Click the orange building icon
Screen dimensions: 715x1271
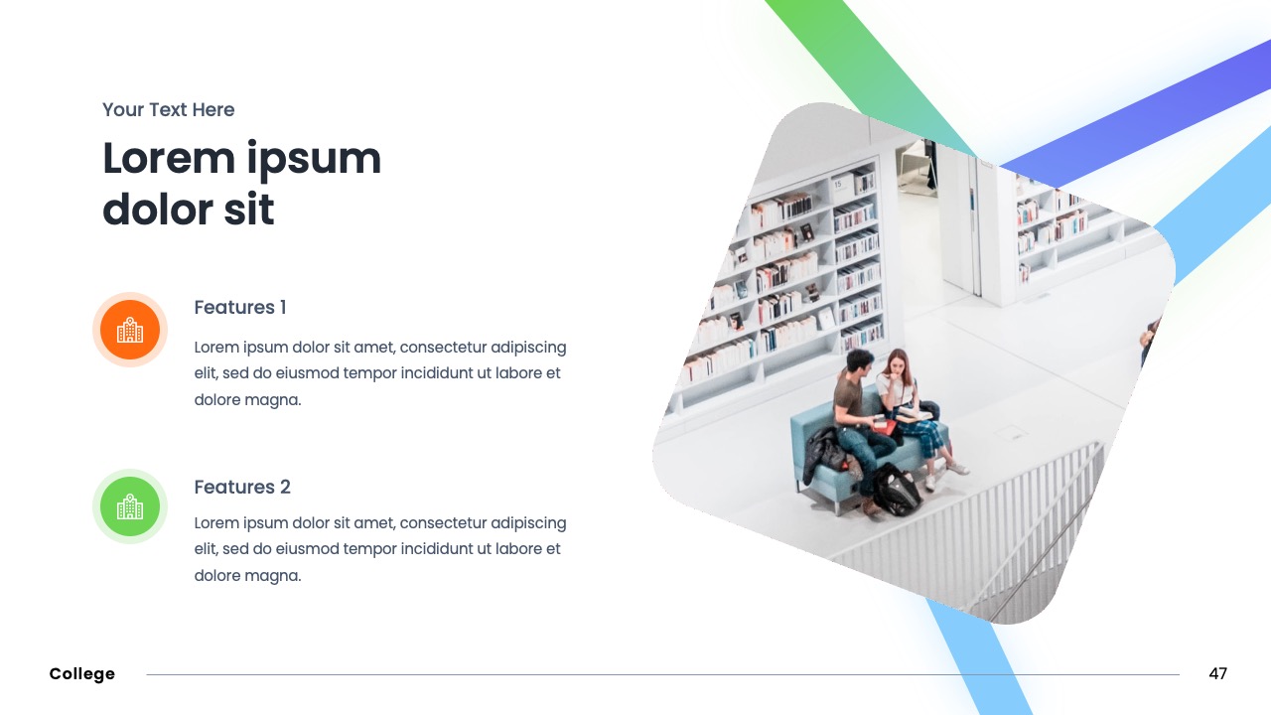point(130,330)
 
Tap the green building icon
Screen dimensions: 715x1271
point(130,506)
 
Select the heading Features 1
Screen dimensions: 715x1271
point(240,308)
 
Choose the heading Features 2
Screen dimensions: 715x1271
point(242,488)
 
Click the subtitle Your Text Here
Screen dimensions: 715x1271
point(169,110)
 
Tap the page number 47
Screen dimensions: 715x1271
point(1217,674)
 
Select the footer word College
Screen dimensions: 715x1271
point(82,674)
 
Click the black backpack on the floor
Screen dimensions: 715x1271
point(896,491)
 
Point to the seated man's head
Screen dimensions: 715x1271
point(859,362)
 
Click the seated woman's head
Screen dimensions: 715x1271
point(898,363)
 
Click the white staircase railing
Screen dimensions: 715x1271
point(1003,526)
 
